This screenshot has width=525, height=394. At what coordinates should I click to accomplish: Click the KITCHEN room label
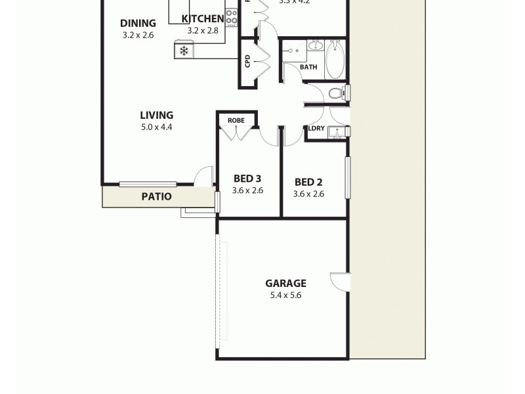202,18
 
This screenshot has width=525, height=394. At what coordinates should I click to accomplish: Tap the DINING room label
138,24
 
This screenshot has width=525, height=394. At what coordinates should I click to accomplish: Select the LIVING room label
156,116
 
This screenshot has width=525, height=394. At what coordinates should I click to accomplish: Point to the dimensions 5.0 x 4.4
156,127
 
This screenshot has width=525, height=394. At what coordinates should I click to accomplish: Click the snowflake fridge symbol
184,51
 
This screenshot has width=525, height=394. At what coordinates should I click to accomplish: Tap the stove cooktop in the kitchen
231,18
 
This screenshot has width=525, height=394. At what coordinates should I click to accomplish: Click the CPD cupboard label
247,62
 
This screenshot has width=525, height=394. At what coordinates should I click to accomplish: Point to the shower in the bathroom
294,50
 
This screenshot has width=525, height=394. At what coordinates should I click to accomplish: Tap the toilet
337,93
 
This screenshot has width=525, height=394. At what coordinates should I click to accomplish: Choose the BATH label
308,67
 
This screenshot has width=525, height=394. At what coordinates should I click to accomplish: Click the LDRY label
316,128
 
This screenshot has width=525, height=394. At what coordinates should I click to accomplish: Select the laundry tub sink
338,132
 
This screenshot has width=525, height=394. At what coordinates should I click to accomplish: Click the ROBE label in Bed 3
236,121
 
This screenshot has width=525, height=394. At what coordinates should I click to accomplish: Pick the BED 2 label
308,182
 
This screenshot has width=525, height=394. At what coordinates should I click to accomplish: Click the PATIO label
157,196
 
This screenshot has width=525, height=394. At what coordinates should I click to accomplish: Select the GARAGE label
285,284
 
